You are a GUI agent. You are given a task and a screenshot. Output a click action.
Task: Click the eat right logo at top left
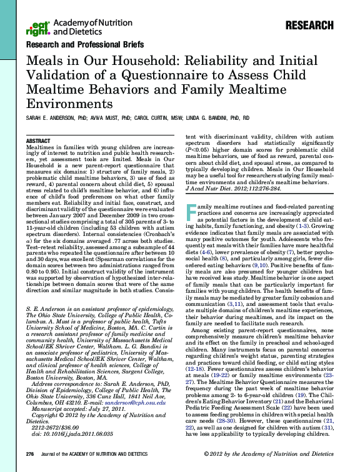click(38, 27)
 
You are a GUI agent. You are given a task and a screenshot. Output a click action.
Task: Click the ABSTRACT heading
click(39, 141)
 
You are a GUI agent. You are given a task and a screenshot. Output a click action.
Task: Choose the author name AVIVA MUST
click(99, 118)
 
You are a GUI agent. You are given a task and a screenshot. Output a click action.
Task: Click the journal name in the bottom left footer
click(94, 455)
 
